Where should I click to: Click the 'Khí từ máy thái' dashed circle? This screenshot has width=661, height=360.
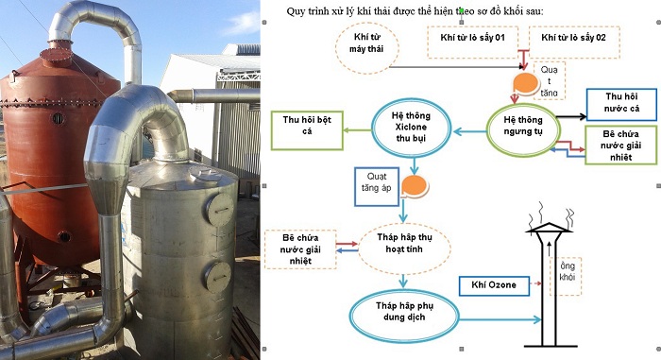pos(366,48)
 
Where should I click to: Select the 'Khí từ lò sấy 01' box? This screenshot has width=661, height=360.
pos(472,42)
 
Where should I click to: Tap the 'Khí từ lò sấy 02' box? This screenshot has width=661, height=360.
pos(574,42)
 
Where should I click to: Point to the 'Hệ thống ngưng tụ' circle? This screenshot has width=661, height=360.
pos(523,130)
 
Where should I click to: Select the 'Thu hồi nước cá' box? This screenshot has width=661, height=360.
pos(621,104)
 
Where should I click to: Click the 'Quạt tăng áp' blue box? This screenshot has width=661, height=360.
pos(377,186)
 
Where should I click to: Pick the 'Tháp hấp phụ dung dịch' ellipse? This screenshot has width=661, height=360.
pos(404,316)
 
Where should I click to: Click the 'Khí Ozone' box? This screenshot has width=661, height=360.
pos(494,285)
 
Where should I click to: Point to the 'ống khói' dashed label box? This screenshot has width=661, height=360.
pos(566,276)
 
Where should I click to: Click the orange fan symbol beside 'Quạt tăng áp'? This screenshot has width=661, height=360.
pos(415,186)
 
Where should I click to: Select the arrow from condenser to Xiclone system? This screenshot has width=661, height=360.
pos(469,132)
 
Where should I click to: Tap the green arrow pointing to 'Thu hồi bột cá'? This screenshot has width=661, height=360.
pos(357,130)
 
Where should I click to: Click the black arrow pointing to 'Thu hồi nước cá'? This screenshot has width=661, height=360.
pos(571,116)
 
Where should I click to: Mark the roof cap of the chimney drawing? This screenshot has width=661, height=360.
pos(550,228)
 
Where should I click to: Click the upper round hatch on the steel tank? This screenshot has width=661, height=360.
pos(220,210)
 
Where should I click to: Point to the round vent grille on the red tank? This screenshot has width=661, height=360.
pos(59,119)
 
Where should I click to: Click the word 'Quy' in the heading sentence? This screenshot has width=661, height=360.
pos(296,11)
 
